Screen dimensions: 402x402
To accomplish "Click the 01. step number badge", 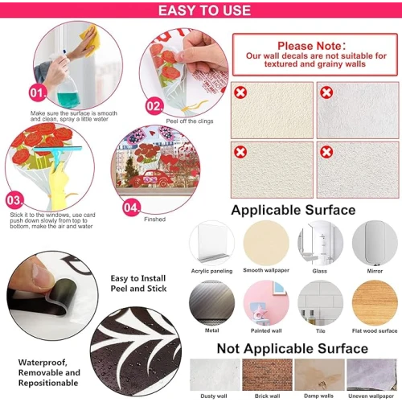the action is [38, 93].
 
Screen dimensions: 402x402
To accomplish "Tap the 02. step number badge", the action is [154, 106].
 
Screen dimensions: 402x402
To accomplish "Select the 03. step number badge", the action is [14, 200].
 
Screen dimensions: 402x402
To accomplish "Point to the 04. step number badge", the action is [131, 207].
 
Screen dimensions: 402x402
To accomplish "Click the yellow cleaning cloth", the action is [91, 40].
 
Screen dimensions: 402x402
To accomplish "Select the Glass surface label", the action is [319, 271].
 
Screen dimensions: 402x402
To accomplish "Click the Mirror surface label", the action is [375, 271].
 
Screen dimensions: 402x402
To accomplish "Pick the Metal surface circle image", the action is [211, 303].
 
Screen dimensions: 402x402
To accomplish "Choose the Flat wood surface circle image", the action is [375, 303].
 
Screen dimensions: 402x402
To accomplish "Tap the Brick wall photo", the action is [267, 375].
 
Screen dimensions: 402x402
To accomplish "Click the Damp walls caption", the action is [318, 396].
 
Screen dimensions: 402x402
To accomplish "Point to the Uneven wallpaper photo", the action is [371, 375].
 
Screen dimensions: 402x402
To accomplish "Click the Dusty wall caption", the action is [214, 396].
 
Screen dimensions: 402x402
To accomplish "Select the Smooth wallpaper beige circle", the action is [266, 243].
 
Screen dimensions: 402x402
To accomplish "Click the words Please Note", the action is [311, 46].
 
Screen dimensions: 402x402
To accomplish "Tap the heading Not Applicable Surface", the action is [293, 348].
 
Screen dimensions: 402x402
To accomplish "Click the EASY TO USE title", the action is [204, 10].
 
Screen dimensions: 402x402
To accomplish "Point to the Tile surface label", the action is [321, 331].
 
